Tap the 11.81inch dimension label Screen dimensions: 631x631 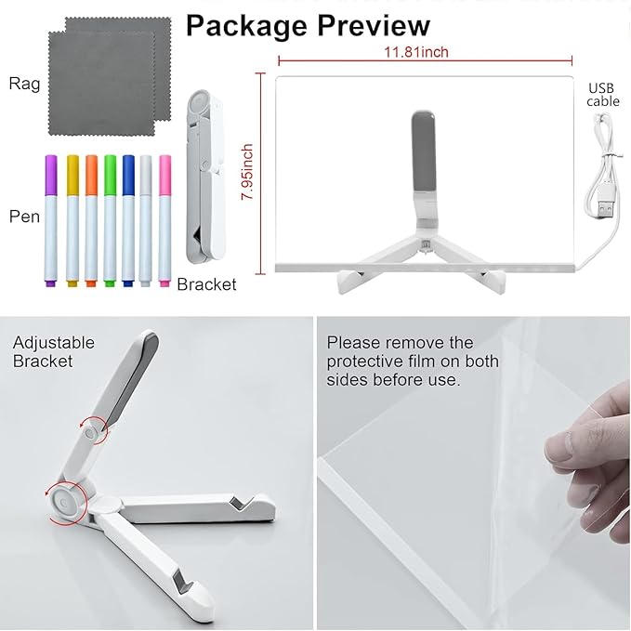coord(416,52)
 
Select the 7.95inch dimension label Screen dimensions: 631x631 coord(247,172)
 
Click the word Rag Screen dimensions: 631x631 coord(24,85)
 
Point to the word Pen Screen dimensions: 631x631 coord(24,217)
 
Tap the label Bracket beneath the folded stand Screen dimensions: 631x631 coord(206,284)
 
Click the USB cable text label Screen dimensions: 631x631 coord(602,95)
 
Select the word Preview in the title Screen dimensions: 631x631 coord(374,25)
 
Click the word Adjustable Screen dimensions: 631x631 coord(54,343)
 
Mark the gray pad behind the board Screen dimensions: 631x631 coord(424,152)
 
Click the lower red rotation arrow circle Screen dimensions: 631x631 coord(66,502)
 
